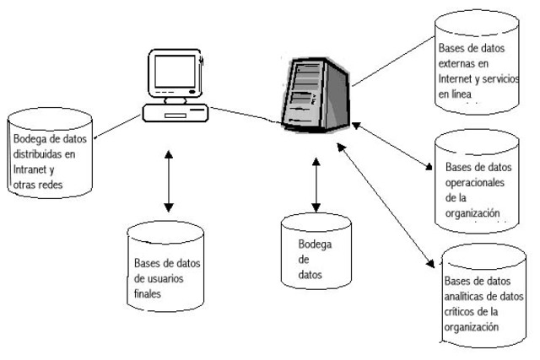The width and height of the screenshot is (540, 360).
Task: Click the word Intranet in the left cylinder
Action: (x=32, y=166)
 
